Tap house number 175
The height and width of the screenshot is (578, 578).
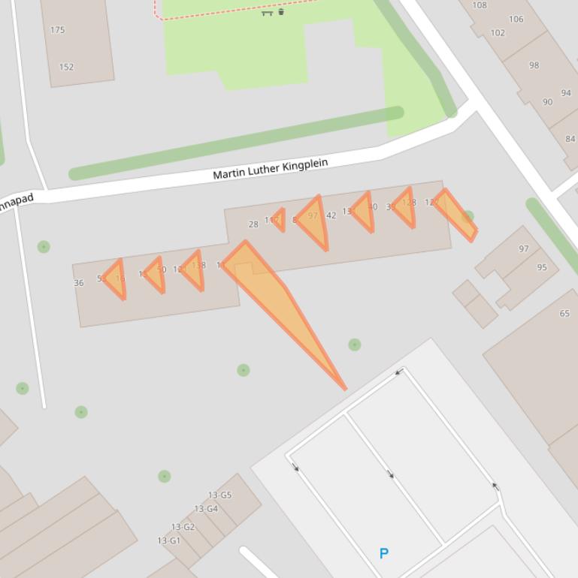[x=57, y=30]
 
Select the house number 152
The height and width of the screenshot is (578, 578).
[x=66, y=67]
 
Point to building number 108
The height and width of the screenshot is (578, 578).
[x=479, y=5]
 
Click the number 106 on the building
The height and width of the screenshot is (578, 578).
[x=516, y=20]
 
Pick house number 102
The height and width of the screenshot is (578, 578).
[x=498, y=33]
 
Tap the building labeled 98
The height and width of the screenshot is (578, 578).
[x=534, y=65]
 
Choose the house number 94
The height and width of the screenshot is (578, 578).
[x=566, y=93]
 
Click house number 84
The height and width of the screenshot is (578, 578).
[x=570, y=139]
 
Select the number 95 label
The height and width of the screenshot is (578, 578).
[x=542, y=267]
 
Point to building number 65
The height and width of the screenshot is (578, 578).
[x=564, y=314]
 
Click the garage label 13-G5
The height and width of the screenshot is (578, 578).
[x=219, y=495]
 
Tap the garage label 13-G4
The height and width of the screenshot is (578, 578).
[x=206, y=509]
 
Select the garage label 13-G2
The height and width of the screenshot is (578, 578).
[x=183, y=527]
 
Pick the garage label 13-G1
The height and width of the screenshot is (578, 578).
[x=168, y=540]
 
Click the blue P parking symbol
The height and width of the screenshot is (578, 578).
[x=384, y=554]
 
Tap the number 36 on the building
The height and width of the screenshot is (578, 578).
[x=79, y=283]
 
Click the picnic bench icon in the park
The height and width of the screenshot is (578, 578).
[x=267, y=12]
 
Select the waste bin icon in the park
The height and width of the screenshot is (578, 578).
[x=281, y=11]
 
